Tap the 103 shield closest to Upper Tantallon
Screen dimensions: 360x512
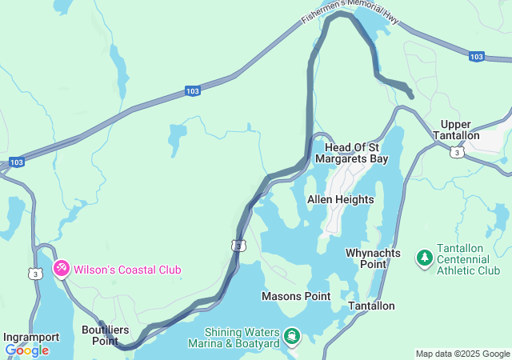click(x=476, y=56)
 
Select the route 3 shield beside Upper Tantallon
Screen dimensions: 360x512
click(x=456, y=152)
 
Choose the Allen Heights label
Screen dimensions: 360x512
click(x=340, y=199)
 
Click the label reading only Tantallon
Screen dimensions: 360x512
click(x=371, y=306)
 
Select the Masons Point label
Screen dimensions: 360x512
click(x=296, y=297)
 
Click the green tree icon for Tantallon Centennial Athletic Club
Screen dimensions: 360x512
click(x=424, y=258)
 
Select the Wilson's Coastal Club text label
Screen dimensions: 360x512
click(x=127, y=270)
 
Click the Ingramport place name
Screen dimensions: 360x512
click(x=31, y=337)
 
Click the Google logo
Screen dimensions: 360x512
click(x=26, y=350)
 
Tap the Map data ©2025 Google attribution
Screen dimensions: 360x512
click(x=462, y=354)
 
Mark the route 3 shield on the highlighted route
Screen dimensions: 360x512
click(x=238, y=246)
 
